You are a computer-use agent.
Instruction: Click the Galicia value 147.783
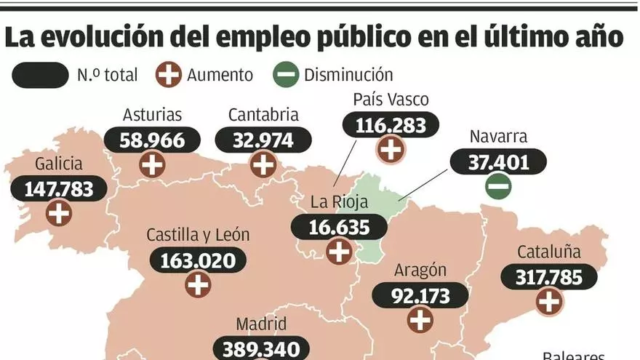pos(59,189)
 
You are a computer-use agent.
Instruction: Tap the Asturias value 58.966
pos(152,140)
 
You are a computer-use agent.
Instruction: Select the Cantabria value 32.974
pos(263,140)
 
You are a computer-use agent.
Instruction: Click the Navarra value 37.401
pos(498,162)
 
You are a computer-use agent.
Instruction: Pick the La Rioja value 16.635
pos(339,227)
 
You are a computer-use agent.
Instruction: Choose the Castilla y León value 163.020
pos(198,260)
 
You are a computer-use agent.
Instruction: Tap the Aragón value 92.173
pos(420,295)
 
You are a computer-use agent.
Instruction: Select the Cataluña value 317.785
pos(549,276)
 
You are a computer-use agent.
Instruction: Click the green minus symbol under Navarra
pos(498,186)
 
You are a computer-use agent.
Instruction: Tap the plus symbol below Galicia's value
pos(59,213)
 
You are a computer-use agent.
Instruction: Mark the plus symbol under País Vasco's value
pos(391,150)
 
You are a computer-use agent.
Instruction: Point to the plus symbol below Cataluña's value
pos(549,300)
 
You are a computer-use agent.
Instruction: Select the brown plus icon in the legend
pos(169,74)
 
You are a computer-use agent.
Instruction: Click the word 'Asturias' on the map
pos(152,115)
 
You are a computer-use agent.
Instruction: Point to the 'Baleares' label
pos(575,356)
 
